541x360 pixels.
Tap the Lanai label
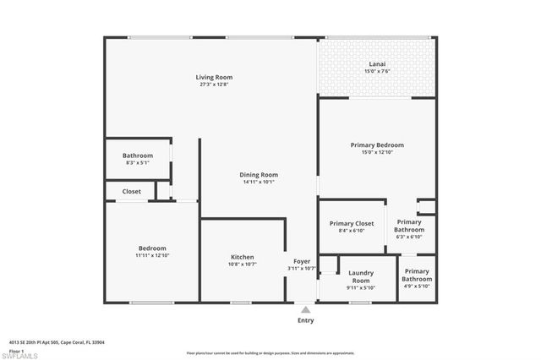pyautogui.click(x=377, y=63)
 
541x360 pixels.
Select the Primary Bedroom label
pyautogui.click(x=377, y=145)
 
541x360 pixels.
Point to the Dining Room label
pyautogui.click(x=259, y=174)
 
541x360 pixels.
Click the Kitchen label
pyautogui.click(x=243, y=257)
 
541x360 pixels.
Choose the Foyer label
pyautogui.click(x=302, y=261)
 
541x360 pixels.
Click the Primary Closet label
pyautogui.click(x=351, y=223)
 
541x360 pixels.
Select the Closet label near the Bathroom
pyautogui.click(x=132, y=192)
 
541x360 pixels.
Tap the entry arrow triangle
pyautogui.click(x=305, y=310)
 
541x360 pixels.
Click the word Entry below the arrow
pyautogui.click(x=305, y=320)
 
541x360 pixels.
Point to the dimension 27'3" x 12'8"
pyautogui.click(x=214, y=85)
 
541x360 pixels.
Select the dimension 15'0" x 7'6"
pyautogui.click(x=377, y=71)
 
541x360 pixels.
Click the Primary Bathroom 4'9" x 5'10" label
pyautogui.click(x=416, y=279)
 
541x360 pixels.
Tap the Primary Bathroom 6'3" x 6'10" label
pyautogui.click(x=410, y=229)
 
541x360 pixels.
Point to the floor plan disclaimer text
pyautogui.click(x=270, y=352)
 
